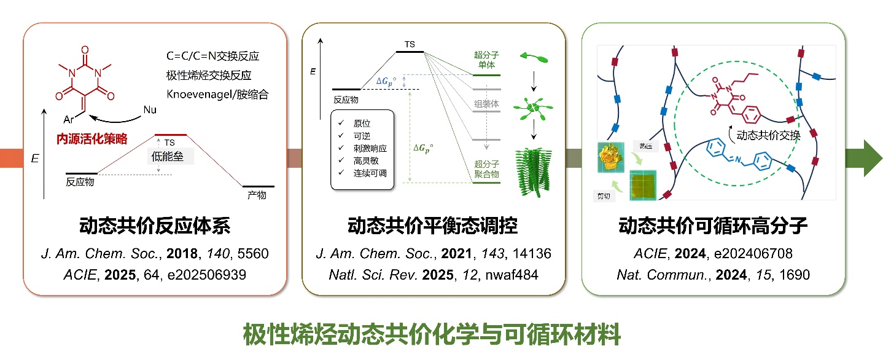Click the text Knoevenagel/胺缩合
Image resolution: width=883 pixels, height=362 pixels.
click(x=217, y=95)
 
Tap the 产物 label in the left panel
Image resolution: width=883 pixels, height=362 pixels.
click(x=257, y=195)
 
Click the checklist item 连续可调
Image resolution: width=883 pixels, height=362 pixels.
click(x=371, y=173)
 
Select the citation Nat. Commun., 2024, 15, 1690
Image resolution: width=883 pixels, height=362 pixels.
click(x=713, y=275)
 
